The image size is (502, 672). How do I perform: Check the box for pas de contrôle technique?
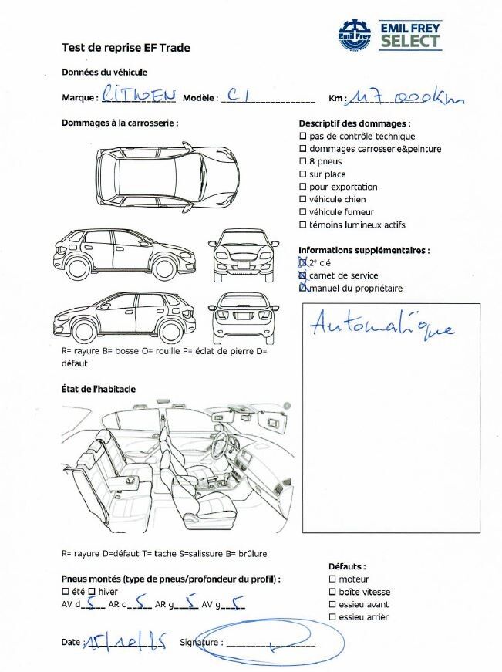(302, 137)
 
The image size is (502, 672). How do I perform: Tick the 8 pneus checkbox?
(302, 162)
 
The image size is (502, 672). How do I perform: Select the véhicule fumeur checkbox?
(302, 212)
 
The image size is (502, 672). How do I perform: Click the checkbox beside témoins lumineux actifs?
(302, 225)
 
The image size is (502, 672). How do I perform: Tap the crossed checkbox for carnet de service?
(302, 275)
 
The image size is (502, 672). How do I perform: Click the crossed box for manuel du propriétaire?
(302, 289)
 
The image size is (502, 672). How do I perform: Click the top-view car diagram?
(166, 177)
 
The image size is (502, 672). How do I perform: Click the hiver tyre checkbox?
(92, 592)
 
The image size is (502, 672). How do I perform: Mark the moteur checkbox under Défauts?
(332, 579)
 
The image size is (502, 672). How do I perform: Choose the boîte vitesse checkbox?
(332, 592)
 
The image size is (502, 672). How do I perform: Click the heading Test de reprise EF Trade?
(126, 48)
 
